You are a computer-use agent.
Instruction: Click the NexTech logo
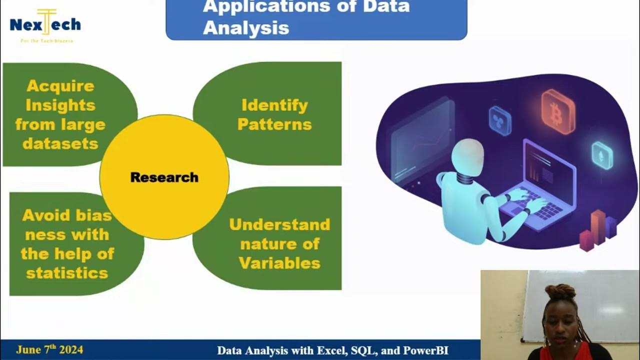click(45, 25)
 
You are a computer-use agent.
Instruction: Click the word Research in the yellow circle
click(164, 177)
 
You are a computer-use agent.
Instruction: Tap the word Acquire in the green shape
click(60, 86)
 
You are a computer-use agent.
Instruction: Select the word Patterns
click(274, 124)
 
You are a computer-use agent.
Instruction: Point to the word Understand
click(279, 224)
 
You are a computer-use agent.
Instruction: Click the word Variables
click(279, 263)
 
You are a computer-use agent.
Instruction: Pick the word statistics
click(67, 273)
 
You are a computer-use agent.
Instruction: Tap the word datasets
click(60, 144)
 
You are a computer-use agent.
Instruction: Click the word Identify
click(274, 105)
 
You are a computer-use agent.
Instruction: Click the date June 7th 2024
click(49, 350)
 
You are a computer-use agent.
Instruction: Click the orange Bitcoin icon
click(557, 111)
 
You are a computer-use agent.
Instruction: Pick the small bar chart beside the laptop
click(598, 231)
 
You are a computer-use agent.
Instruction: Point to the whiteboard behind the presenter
click(580, 305)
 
